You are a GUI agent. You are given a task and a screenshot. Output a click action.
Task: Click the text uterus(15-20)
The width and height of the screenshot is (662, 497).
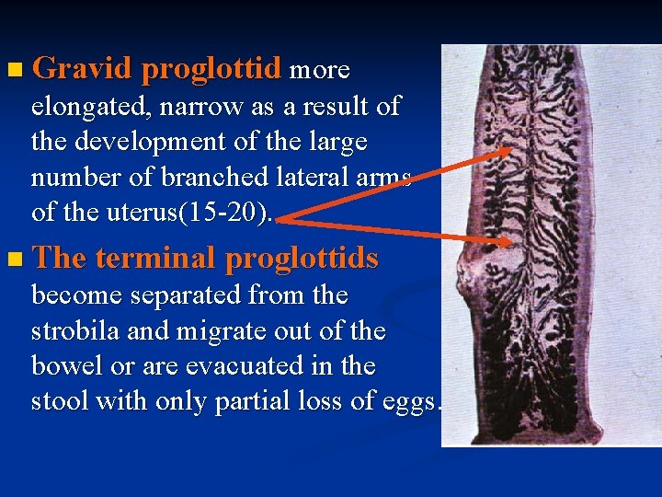[x=211, y=213]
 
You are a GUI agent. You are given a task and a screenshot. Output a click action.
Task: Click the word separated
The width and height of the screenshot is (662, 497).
[x=188, y=295]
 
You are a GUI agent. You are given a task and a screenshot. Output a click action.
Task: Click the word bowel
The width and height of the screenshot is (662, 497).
[x=63, y=366]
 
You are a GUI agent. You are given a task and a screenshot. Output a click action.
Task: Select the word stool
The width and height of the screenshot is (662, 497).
[x=60, y=402]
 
